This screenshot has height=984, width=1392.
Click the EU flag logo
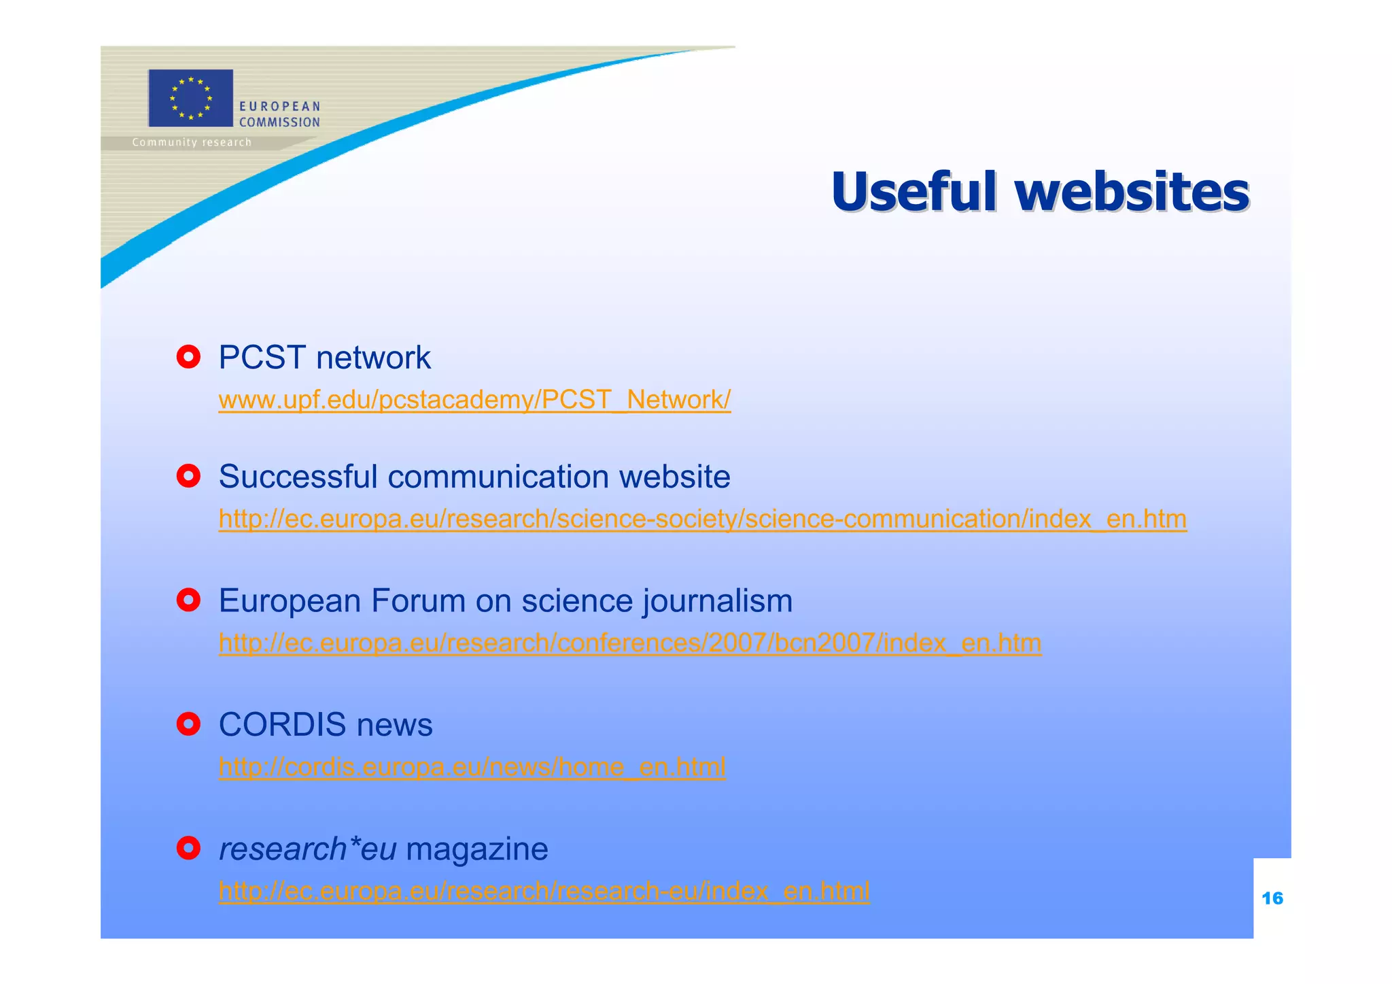click(190, 98)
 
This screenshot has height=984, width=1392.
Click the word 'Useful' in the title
click(913, 192)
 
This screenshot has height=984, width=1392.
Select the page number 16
click(1272, 898)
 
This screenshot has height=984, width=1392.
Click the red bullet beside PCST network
click(188, 356)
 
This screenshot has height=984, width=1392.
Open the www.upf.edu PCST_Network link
click(474, 399)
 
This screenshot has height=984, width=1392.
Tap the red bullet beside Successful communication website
click(188, 475)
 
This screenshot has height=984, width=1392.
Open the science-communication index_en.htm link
click(702, 519)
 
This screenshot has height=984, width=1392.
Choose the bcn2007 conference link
click(629, 643)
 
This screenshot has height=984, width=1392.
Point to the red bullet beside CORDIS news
click(188, 724)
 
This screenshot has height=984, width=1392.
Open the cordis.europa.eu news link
click(472, 767)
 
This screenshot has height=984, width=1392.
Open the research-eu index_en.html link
click(544, 891)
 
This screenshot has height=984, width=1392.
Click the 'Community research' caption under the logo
click(192, 142)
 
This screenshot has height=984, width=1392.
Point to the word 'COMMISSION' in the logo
click(279, 122)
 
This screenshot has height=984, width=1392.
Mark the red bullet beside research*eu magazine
click(188, 848)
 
